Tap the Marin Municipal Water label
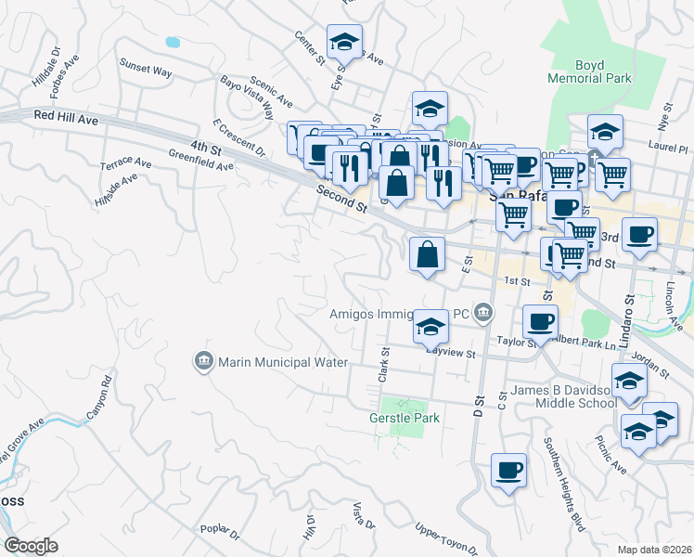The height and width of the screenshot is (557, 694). tap(269, 362)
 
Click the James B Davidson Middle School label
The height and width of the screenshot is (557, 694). tap(556, 396)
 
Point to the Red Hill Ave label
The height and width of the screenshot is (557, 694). tap(66, 117)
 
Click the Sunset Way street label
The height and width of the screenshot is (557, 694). tap(146, 67)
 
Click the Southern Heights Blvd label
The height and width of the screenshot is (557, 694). tap(564, 483)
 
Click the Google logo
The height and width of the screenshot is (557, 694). tap(31, 546)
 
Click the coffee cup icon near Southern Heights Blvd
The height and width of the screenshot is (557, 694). tap(508, 472)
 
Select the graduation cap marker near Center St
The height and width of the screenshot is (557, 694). tap(344, 43)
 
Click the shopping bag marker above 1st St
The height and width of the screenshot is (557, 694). tap(426, 253)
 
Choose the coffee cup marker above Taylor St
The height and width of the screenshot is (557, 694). tap(540, 323)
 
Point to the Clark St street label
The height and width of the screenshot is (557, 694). tap(382, 364)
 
